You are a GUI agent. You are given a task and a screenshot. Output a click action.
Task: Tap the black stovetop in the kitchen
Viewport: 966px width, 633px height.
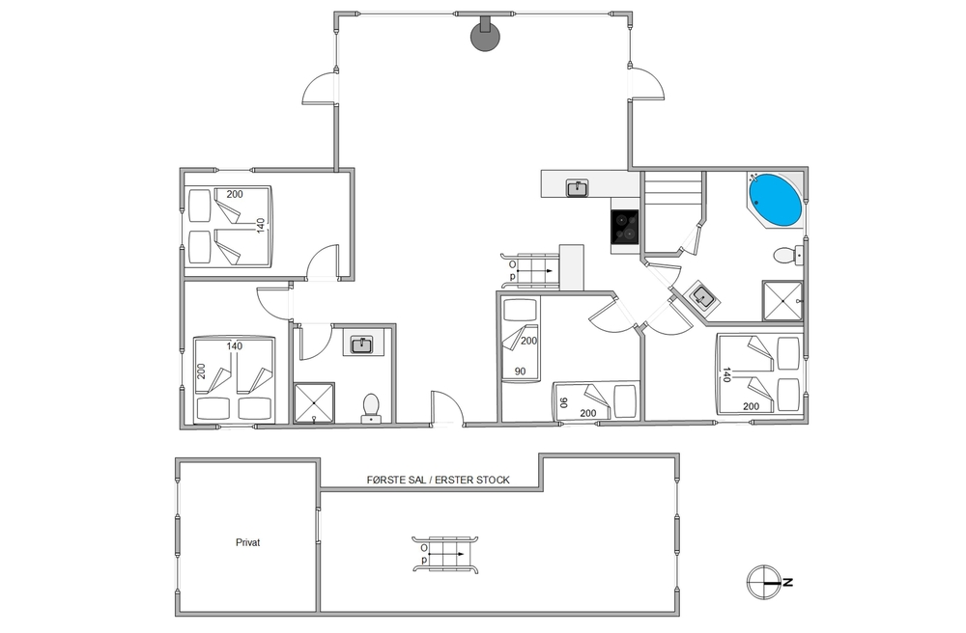click(x=625, y=227)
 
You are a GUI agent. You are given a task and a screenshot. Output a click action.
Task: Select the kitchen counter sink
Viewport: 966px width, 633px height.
click(x=578, y=187)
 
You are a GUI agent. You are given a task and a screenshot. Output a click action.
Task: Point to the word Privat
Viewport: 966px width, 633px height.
click(x=247, y=542)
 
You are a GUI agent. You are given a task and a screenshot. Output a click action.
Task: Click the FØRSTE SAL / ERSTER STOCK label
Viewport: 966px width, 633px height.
click(x=438, y=480)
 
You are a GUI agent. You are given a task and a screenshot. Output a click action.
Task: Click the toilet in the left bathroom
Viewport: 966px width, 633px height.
click(x=371, y=408)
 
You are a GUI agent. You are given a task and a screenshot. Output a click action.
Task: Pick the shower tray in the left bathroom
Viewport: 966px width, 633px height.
click(x=314, y=403)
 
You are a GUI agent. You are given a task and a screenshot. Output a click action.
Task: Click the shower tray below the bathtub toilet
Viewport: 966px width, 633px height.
click(x=782, y=301)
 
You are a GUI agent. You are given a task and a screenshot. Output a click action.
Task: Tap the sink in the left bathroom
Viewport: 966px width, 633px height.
click(x=361, y=344)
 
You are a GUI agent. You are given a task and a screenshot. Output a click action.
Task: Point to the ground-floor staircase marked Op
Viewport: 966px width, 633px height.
click(x=529, y=271)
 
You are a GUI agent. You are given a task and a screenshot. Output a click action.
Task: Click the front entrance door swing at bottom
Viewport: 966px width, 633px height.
click(x=447, y=406)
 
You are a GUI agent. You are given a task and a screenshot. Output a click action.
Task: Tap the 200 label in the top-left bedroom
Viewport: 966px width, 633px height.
click(x=235, y=194)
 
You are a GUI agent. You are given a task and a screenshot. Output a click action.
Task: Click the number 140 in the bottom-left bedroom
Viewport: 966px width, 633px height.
click(x=235, y=345)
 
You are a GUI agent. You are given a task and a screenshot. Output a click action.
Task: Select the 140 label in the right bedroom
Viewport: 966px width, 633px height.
click(x=726, y=374)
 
